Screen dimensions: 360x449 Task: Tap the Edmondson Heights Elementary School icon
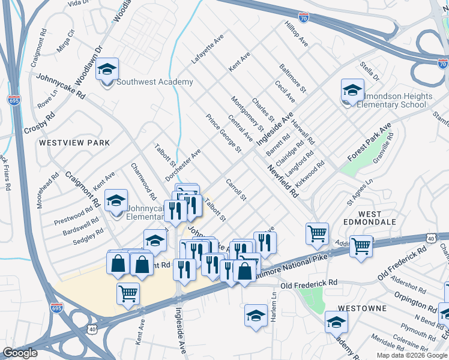coord(352,91)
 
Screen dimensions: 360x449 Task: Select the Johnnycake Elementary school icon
coord(116,202)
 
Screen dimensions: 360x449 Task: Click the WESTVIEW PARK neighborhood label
coord(74,143)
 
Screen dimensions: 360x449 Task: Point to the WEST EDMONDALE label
coord(378,218)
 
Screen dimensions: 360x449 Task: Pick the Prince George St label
coord(223,133)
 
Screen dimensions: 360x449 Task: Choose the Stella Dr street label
coord(370,70)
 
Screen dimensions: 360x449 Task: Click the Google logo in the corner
coord(20,353)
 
